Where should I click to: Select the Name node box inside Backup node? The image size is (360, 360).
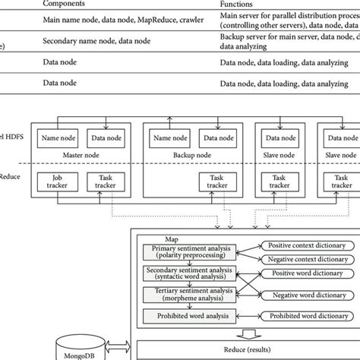[x=172, y=137]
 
